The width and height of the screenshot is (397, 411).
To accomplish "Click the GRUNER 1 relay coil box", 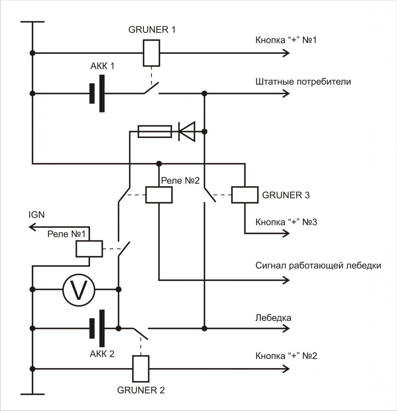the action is coord(151,53).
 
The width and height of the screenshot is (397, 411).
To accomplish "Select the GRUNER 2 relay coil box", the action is coord(141,368).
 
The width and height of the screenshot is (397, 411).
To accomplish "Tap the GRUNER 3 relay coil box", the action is coord(245,195).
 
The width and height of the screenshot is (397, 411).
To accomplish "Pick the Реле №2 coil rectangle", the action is coord(159,195).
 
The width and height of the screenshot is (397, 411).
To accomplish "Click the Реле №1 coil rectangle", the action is coord(89,248).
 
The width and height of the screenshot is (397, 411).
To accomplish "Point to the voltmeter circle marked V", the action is coord(79,290).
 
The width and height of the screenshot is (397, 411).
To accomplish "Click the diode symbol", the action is coord(187,131).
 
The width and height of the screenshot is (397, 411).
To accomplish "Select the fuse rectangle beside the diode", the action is coord(155,131).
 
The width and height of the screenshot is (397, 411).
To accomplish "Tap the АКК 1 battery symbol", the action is coord(97,93).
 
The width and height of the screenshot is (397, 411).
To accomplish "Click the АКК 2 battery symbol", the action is coord(97,328).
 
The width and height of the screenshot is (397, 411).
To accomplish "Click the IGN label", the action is coord(37,215).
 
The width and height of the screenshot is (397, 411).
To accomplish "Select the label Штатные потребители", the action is coord(303,82).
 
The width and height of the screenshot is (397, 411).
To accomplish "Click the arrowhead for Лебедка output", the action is coord(286,328).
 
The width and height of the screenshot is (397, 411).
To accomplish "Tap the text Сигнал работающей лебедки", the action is coord(318,266).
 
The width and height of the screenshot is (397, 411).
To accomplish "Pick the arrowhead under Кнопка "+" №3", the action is coord(286,233).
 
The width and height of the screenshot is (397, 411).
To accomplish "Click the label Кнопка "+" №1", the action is coord(286,40).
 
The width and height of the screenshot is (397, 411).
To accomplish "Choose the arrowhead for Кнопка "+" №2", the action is coord(286,369).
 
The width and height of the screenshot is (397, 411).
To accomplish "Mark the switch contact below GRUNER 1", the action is coord(151,88).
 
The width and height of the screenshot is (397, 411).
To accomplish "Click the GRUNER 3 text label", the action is coord(286,195).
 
